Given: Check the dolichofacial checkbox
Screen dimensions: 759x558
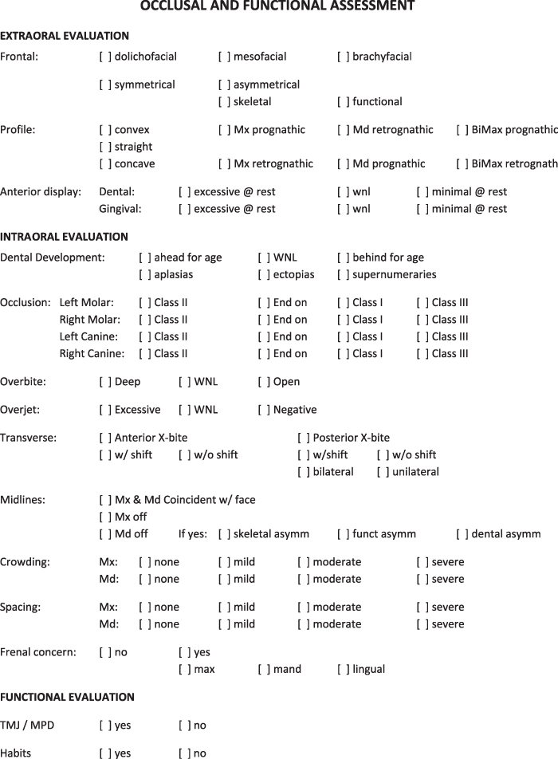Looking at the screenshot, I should [x=105, y=57].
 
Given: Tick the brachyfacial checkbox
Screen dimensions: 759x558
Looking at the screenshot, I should [x=344, y=57].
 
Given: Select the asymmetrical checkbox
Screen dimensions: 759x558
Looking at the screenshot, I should [x=224, y=85].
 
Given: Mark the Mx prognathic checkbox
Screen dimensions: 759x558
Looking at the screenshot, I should [x=224, y=129].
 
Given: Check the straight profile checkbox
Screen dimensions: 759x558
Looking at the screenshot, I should [x=105, y=147].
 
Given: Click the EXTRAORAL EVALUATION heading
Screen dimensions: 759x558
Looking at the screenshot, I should [x=65, y=36].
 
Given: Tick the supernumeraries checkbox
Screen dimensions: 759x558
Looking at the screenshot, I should [x=344, y=274].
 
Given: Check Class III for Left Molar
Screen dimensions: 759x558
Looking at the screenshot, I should [x=422, y=302].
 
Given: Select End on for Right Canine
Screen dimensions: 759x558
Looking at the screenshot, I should [x=264, y=353].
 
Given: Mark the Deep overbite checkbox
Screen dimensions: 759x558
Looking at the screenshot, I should [x=105, y=381].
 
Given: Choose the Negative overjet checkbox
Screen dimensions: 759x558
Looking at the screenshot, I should [x=264, y=410].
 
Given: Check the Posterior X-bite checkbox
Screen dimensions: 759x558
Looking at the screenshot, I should [x=304, y=437].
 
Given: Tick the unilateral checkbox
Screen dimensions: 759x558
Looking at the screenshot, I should [x=383, y=471].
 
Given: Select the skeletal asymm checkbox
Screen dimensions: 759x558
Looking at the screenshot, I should [x=224, y=533].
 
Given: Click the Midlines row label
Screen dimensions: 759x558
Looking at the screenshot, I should [x=22, y=500].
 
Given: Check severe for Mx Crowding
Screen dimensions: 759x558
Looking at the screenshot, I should [x=422, y=562].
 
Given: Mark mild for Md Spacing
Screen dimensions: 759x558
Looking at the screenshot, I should [x=224, y=623].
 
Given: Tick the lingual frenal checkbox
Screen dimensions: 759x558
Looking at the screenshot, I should [x=344, y=669].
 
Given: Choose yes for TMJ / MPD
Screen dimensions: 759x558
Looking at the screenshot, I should [x=105, y=726].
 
